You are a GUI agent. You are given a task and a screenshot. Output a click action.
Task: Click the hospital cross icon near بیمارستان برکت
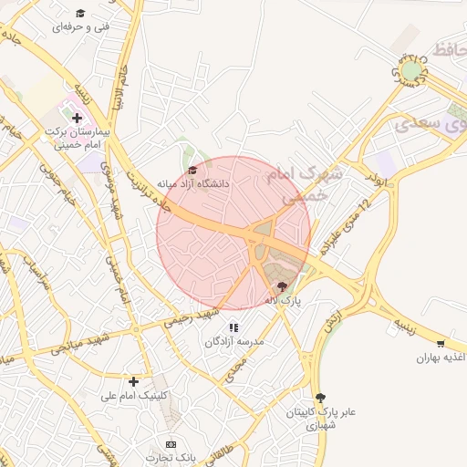[x=78, y=118]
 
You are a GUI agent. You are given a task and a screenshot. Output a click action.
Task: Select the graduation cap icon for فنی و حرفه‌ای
[x=80, y=13]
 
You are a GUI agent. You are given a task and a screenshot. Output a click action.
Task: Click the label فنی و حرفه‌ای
[x=81, y=27]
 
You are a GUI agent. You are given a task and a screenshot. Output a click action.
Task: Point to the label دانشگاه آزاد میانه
[x=194, y=183]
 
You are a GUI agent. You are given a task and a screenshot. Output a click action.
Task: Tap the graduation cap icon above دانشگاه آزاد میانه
[x=192, y=170]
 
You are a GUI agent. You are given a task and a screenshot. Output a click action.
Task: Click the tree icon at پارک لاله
[x=281, y=285]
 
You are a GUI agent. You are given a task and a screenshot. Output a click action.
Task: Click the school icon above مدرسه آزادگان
[x=233, y=327]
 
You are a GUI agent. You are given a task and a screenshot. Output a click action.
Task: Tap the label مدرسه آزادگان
[x=233, y=341]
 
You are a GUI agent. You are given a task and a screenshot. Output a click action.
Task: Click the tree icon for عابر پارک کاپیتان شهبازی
[x=320, y=398]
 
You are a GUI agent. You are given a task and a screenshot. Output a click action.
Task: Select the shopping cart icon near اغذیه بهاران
[x=441, y=344]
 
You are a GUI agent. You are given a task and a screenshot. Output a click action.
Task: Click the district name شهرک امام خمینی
[x=301, y=182]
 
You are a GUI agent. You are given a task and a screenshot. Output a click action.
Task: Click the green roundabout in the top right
[x=411, y=70]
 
